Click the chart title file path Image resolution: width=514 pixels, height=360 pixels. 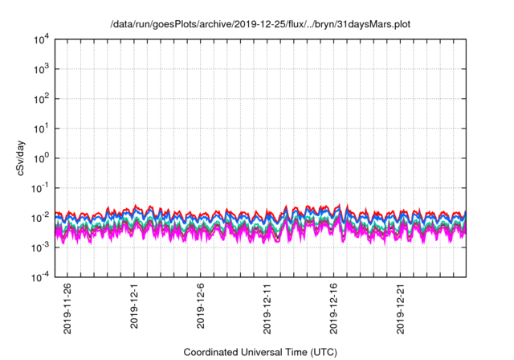(x=260, y=23)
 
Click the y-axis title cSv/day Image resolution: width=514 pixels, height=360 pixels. (x=24, y=157)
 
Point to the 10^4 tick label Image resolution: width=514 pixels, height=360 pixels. (x=42, y=39)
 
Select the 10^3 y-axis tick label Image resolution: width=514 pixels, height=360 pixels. (x=42, y=69)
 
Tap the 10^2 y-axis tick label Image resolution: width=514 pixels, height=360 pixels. (x=42, y=99)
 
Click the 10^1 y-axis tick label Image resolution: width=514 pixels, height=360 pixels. (x=42, y=129)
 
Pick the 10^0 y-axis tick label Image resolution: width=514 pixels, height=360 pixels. (x=42, y=158)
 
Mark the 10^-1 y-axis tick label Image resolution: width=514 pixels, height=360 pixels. (x=41, y=187)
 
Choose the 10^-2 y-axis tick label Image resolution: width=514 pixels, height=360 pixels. (x=41, y=217)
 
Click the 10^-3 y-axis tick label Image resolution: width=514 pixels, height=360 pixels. (x=41, y=247)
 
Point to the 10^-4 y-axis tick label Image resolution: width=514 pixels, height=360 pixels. (x=41, y=276)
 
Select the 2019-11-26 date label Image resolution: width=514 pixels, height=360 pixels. (x=68, y=309)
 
